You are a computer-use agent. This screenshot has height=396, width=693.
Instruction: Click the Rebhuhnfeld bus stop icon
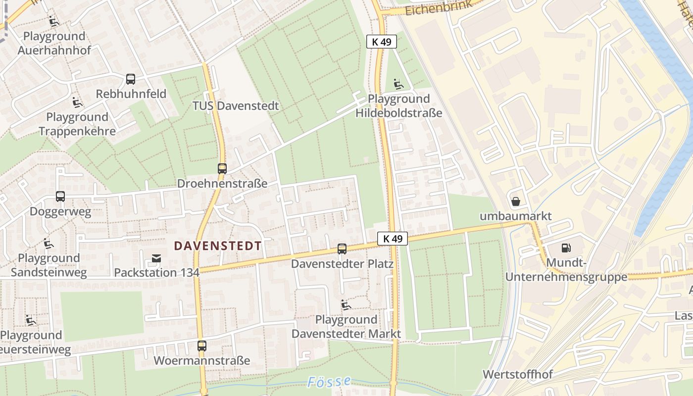click(131, 79)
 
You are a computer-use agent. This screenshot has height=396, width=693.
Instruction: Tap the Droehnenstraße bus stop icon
click(222, 169)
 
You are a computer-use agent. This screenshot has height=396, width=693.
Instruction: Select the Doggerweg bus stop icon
click(60, 197)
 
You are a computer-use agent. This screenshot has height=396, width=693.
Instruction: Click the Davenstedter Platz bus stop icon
click(342, 249)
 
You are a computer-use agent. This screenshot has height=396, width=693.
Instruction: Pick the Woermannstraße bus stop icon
click(202, 346)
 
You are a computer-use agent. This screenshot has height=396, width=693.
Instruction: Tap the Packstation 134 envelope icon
click(156, 258)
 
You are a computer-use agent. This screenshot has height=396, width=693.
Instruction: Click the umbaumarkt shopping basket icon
click(515, 201)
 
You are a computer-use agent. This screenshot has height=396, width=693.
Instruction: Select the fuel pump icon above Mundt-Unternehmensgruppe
click(566, 247)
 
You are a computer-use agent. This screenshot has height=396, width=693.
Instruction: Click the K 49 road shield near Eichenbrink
click(382, 42)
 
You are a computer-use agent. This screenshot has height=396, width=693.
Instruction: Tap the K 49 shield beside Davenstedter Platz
click(392, 239)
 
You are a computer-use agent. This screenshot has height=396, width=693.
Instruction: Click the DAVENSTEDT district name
click(218, 246)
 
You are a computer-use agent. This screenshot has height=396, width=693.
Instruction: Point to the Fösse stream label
click(329, 382)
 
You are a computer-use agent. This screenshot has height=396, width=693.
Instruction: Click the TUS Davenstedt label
click(236, 106)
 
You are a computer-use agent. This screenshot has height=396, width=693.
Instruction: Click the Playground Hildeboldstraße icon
click(398, 84)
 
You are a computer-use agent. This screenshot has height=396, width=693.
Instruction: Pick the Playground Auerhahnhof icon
click(54, 21)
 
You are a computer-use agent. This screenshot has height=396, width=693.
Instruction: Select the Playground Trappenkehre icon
click(77, 102)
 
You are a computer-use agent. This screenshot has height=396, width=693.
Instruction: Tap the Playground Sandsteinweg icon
click(49, 244)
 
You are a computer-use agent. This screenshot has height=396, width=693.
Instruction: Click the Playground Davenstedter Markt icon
click(346, 305)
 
